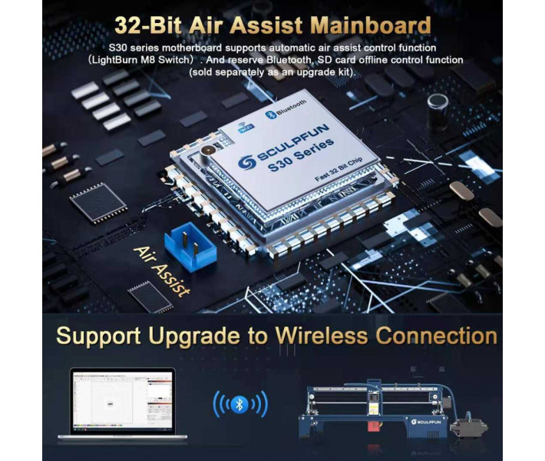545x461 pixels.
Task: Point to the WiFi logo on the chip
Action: pos(246,128)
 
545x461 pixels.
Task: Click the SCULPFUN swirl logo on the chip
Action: pos(246,163)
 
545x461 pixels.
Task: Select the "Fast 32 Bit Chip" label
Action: pos(339,170)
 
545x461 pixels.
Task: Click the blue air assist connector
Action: pos(190,247)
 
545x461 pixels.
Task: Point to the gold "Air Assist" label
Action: pos(162,271)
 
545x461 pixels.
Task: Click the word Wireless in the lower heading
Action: pos(322,336)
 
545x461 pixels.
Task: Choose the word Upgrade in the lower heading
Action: pos(193,337)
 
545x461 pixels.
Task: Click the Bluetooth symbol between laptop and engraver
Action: pos(239,404)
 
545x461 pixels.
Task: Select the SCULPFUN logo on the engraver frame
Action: pos(426,422)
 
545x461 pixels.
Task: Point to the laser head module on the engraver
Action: pos(374,403)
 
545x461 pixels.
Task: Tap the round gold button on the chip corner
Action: pos(208,151)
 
